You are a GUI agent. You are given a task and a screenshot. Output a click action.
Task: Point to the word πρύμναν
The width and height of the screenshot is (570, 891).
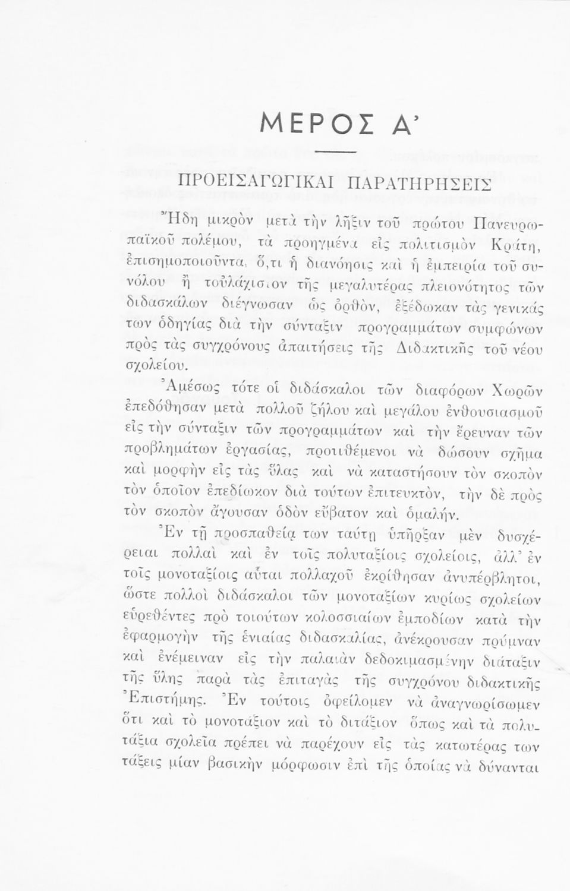pos(507,642)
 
